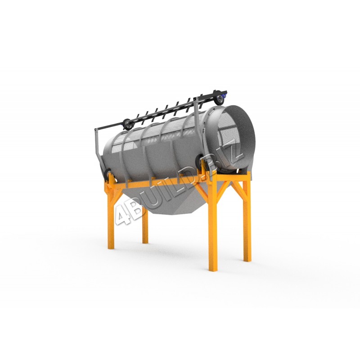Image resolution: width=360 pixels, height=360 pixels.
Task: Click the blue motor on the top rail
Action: pyautogui.click(x=224, y=94)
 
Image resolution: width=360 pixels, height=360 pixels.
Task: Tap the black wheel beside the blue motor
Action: pyautogui.click(x=219, y=99)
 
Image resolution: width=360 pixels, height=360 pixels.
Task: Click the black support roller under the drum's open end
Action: pyautogui.click(x=199, y=162)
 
